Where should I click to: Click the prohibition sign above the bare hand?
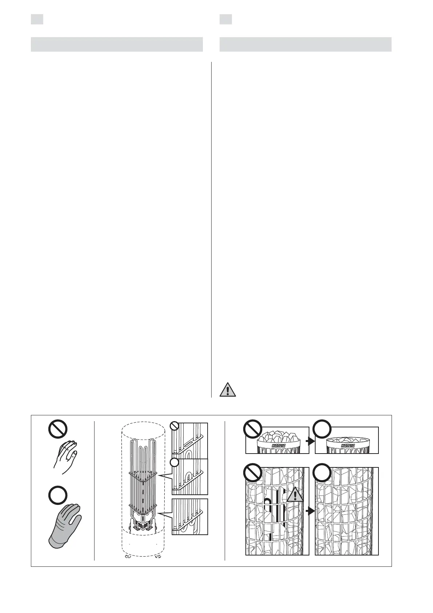tap(58, 429)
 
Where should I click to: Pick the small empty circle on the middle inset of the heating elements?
tap(175, 462)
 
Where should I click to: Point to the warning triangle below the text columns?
tap(228, 390)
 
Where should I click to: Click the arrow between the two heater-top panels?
tap(312, 442)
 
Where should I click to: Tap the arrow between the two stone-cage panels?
tap(312, 511)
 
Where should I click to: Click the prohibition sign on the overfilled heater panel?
tap(253, 429)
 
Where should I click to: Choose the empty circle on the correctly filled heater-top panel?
tap(322, 429)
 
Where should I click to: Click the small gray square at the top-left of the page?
tap(37, 19)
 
